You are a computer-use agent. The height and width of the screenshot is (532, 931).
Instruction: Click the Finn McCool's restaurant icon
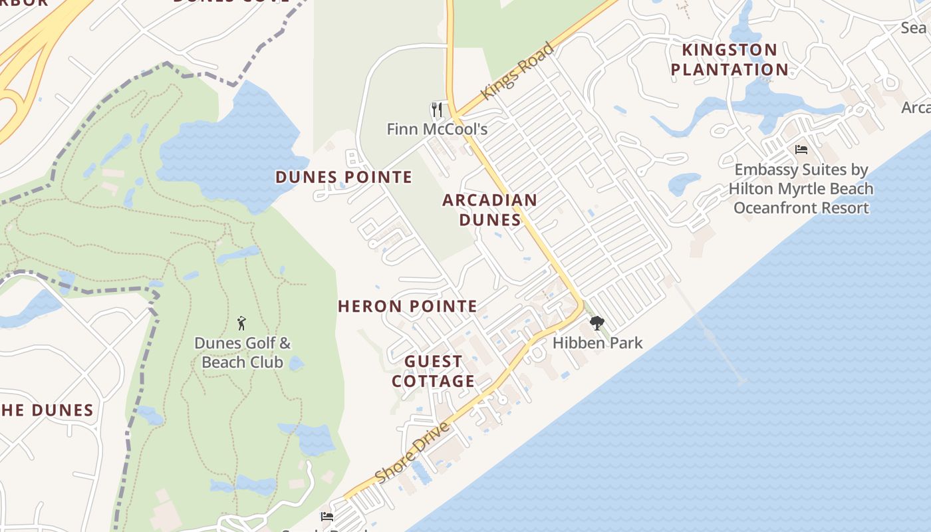coord(437,109)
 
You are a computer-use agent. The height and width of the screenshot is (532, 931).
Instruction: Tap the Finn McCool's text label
coord(437,129)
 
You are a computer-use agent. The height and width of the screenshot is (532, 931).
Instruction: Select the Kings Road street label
coord(517,71)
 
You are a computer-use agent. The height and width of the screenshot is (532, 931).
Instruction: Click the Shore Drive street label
coord(412,453)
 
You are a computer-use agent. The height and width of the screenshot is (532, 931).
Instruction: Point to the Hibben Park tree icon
coord(597,323)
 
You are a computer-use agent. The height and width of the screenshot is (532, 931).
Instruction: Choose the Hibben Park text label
coord(598,343)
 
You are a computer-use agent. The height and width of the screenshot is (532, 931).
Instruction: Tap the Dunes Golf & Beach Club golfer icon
coord(241,324)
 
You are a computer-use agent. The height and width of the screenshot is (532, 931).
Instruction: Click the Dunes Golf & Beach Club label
coord(242,353)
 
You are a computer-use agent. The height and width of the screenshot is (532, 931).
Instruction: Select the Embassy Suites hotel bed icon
coord(801,150)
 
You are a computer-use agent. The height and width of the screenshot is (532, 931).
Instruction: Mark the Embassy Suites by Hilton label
coord(801,189)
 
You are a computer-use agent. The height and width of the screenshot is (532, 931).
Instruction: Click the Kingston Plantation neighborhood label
coord(730,60)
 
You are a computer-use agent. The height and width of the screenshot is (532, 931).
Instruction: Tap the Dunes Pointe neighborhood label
coord(344,177)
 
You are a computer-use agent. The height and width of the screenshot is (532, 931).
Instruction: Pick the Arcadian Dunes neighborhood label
coord(490,209)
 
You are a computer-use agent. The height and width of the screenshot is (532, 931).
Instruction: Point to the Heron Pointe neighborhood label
coord(408,307)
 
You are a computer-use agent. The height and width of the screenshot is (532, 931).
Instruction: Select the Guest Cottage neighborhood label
coord(434,371)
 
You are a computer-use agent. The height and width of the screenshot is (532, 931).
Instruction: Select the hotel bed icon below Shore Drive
coord(327,516)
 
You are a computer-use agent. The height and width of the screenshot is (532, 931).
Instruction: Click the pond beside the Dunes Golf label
coord(296,363)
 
